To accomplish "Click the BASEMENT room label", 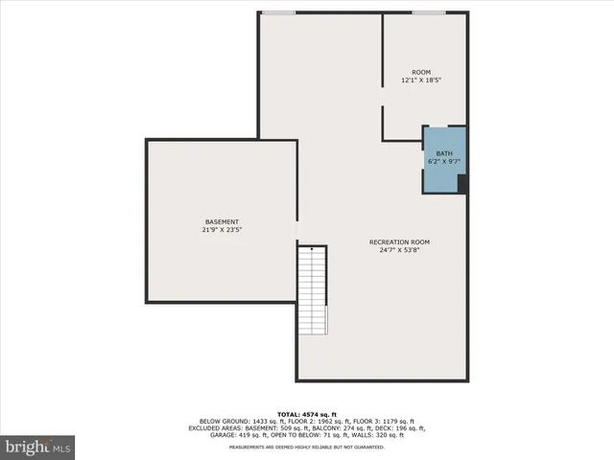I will pos(221,221).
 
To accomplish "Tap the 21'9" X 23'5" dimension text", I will pos(221,230).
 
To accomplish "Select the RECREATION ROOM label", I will pos(399,241).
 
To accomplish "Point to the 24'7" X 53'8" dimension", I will pos(399,250).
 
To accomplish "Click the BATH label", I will pos(444,153).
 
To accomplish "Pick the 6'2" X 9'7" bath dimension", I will pos(444,162).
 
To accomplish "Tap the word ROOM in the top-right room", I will pos(421,72).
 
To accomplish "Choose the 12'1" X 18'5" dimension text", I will pos(421,80).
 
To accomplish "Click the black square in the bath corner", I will pos(461,184).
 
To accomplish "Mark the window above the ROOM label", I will pos(428,12).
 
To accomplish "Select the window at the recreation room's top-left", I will pos(278,12).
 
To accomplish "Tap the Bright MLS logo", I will pos(38,446).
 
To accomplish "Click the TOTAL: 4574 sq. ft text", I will pos(307,413).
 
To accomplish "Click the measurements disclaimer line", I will pos(307,448).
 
